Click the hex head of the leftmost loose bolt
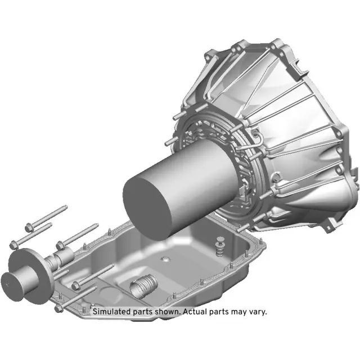(14, 244)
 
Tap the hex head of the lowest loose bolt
(59, 308)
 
